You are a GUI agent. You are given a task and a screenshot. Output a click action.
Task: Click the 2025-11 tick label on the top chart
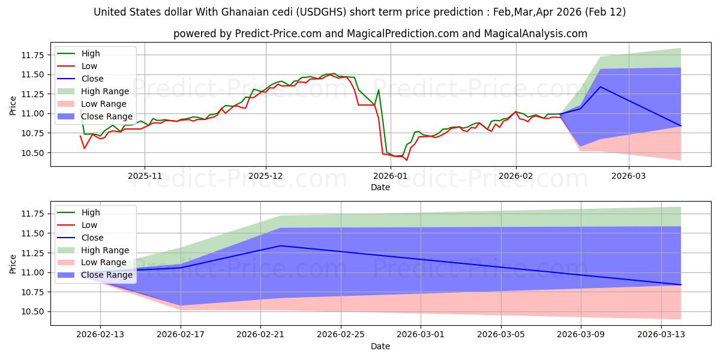click(x=144, y=177)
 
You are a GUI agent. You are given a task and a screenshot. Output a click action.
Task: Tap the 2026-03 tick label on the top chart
click(x=629, y=177)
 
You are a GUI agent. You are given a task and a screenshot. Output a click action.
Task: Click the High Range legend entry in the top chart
click(x=104, y=91)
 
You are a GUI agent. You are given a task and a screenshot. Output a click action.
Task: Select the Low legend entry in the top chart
click(x=89, y=66)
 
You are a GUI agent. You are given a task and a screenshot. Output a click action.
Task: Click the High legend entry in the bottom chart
click(x=90, y=212)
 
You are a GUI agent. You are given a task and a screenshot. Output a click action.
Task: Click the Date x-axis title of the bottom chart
click(x=380, y=346)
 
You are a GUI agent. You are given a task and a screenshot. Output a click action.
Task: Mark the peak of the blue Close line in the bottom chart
click(x=280, y=245)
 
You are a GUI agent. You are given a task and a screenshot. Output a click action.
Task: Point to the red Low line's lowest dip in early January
click(x=406, y=160)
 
